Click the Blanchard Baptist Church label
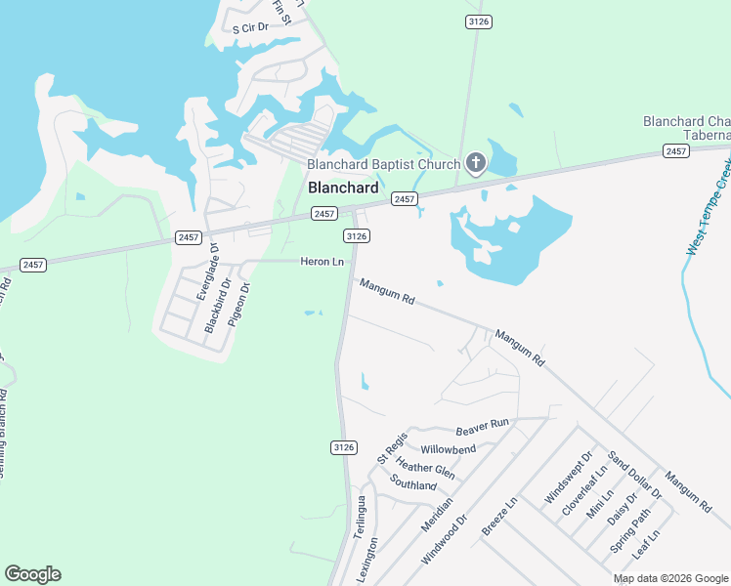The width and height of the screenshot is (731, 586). pos(384,164)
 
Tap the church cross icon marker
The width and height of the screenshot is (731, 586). pos(476,163)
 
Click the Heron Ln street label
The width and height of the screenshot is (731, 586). pos(322,262)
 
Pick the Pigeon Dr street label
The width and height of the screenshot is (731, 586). pos(239,304)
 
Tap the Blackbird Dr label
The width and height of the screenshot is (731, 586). pos(218,307)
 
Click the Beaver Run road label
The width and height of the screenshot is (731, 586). pos(483,427)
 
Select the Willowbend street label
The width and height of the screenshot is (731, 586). pos(448,450)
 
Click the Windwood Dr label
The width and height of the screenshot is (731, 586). pos(445,539)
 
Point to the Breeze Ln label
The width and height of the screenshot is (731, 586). pos(498,517)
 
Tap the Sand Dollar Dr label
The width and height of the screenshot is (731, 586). pos(635,475)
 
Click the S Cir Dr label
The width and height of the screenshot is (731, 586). pos(249,29)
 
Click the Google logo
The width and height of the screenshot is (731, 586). pos(32,574)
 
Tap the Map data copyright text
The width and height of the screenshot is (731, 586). pos(670,578)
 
